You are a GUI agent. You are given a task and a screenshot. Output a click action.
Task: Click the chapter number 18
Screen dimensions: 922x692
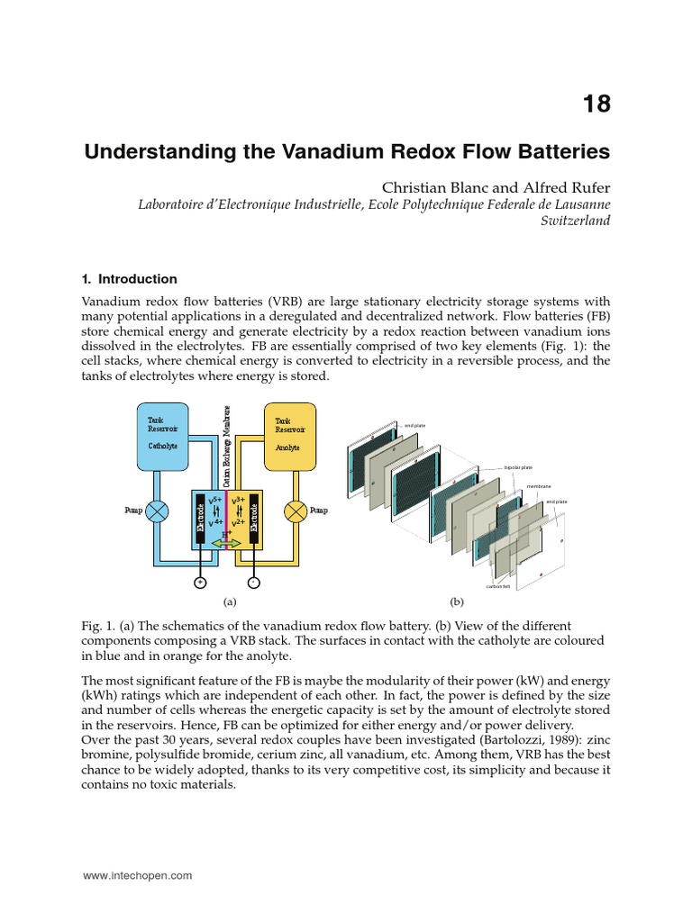tap(596, 104)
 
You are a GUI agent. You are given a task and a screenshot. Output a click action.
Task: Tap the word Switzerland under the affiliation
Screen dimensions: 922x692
tap(575, 221)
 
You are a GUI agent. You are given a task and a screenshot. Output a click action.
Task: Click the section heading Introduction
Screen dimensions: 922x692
tap(137, 279)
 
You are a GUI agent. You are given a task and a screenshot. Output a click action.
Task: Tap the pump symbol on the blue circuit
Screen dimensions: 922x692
tap(157, 511)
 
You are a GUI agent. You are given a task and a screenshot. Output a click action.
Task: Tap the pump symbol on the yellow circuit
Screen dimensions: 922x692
tap(295, 511)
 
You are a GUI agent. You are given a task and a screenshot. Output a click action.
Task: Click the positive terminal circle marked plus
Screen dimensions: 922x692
tap(200, 583)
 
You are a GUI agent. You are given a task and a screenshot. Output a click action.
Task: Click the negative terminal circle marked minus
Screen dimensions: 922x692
tap(254, 583)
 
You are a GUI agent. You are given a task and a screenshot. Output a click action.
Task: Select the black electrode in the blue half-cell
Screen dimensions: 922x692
tap(201, 517)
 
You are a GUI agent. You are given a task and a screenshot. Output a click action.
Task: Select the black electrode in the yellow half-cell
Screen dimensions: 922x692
tap(255, 517)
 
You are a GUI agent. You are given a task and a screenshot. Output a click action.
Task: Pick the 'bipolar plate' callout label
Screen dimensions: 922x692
tap(518, 468)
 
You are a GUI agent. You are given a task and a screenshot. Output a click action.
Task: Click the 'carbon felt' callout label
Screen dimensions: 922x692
tap(498, 586)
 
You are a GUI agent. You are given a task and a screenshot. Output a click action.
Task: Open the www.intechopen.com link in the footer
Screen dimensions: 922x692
tap(137, 875)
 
